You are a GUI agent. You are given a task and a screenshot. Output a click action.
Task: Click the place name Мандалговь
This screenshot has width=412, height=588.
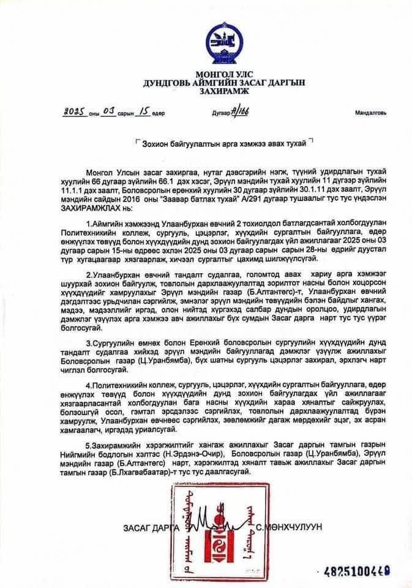coord(370,114)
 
